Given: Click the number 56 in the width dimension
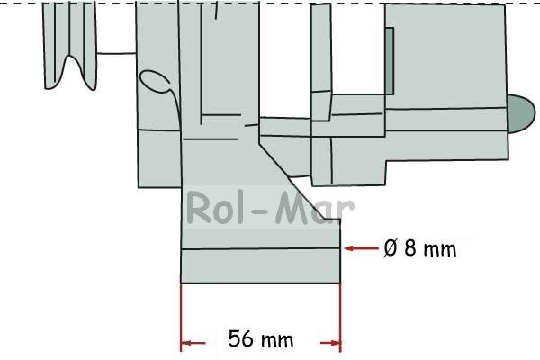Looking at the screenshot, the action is [240, 338].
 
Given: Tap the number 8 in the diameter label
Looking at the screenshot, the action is [409, 247].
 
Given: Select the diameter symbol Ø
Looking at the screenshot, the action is [391, 248].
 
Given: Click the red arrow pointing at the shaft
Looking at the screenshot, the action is [361, 248].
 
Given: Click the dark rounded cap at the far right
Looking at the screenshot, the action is [521, 113].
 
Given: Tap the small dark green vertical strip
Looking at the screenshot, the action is [389, 61].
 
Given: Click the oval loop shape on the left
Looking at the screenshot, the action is [155, 81].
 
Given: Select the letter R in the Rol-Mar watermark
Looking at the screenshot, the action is [198, 208].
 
